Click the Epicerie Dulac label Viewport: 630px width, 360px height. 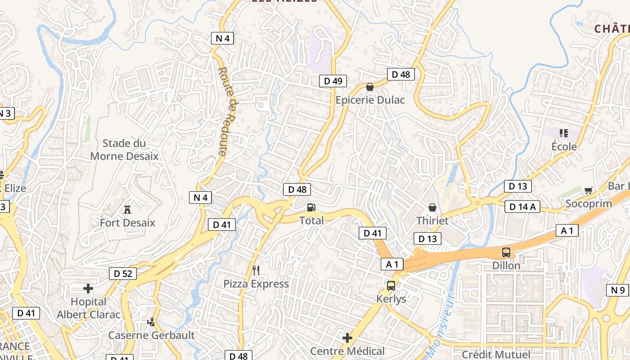(370, 100)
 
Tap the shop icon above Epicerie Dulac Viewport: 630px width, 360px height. (370, 87)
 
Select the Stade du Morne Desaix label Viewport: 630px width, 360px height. (125, 150)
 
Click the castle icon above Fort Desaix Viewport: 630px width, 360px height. (127, 209)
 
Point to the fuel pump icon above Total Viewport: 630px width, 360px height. (311, 207)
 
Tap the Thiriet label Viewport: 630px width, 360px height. (432, 220)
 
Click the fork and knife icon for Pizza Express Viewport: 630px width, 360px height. (256, 270)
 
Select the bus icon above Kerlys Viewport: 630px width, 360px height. (391, 285)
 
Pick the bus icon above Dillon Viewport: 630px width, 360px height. (506, 252)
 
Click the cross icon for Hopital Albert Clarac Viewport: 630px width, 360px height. (88, 288)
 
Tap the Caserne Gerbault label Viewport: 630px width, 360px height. (151, 335)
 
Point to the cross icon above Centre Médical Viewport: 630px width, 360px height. (347, 338)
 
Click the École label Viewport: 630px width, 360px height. (564, 147)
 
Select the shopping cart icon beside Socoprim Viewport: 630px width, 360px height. (588, 190)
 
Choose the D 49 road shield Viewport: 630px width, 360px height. (333, 81)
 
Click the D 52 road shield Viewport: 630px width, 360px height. (123, 273)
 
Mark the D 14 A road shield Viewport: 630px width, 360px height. (522, 207)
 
